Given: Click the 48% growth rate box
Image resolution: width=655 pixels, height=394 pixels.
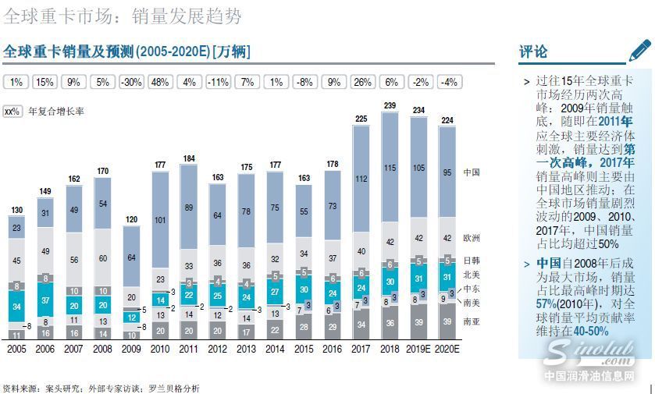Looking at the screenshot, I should coord(160,82).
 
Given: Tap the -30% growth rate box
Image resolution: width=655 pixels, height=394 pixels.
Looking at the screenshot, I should coord(131,82).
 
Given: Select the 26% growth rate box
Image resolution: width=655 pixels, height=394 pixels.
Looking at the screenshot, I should coord(361,82).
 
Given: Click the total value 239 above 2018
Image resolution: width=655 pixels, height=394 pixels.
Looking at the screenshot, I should coord(390,106).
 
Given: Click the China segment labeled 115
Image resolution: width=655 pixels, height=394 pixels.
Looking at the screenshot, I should coord(390,168).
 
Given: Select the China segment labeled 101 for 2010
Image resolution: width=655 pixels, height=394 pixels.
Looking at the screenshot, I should coord(159,220).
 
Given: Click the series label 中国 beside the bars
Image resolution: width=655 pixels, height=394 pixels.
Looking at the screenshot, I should coord(472,172).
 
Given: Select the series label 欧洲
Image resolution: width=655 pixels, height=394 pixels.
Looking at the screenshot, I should coord(472,237).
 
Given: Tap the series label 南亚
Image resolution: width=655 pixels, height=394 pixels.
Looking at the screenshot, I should coord(472,321).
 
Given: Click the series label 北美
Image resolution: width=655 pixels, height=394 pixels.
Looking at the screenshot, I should coord(472,274).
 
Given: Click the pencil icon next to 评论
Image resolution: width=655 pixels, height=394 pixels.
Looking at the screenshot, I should coord(639,51).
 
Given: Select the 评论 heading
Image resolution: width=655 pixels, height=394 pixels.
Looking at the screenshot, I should coord(534,52).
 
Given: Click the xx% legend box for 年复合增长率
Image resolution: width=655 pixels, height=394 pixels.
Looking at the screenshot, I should coord(12,112).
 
